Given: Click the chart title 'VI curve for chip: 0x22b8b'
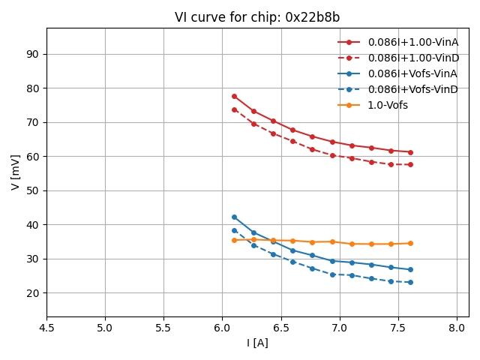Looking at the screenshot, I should coord(257,17).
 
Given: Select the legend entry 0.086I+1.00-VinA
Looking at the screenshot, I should coord(412,42).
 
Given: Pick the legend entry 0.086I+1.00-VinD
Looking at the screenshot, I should coord(412,58).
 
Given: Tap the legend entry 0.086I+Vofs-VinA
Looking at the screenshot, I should coord(412,73).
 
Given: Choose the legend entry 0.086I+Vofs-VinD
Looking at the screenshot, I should coord(412,89).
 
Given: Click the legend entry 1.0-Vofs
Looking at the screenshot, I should coord(388,105).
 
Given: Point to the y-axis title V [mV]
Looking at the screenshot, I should coord(16,172).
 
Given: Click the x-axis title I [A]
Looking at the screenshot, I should coord(257,343).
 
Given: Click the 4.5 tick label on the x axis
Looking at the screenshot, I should coord(46,328).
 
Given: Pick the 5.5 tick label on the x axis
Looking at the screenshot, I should coord(163,328).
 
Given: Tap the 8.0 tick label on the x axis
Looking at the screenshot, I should coord(457,328).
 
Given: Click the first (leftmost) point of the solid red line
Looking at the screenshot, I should coord(234,96).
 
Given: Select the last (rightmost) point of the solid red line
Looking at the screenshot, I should coord(410,152).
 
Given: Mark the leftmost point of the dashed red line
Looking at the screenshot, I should coord(234,109).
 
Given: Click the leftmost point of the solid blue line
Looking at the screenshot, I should coord(234,217).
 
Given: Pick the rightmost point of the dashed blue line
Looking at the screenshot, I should coord(410,282).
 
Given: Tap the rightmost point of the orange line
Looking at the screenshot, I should coord(410,243).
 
